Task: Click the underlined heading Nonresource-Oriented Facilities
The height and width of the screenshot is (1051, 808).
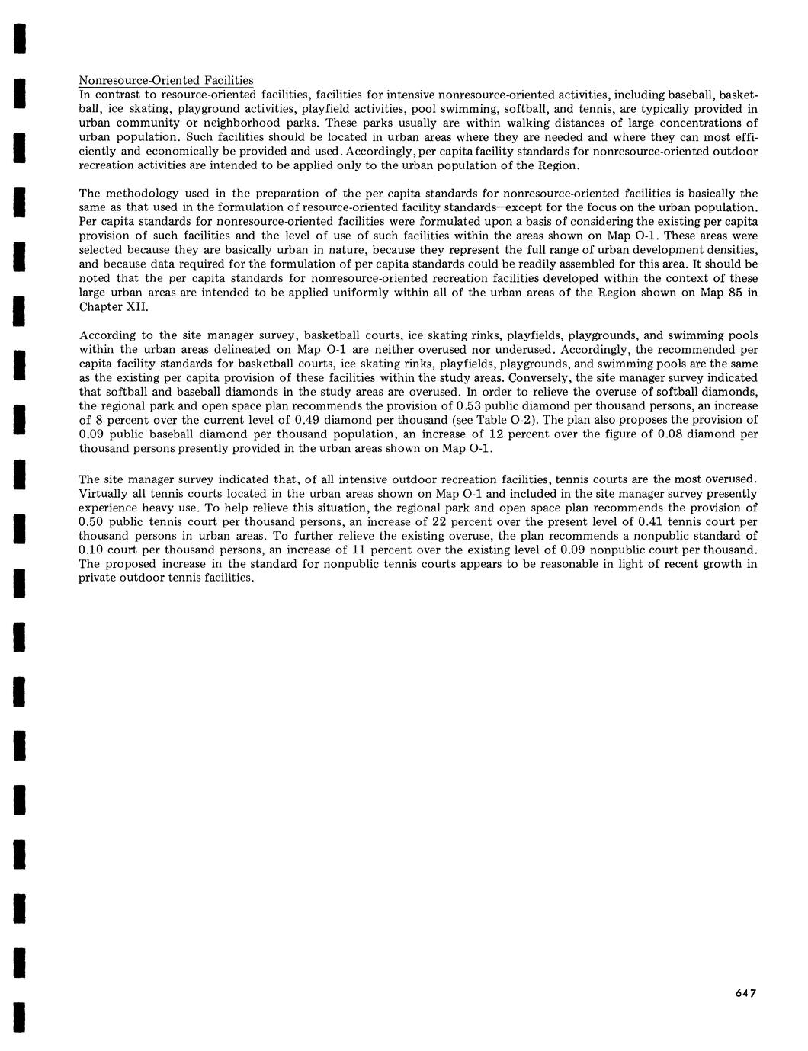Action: pos(166,81)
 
